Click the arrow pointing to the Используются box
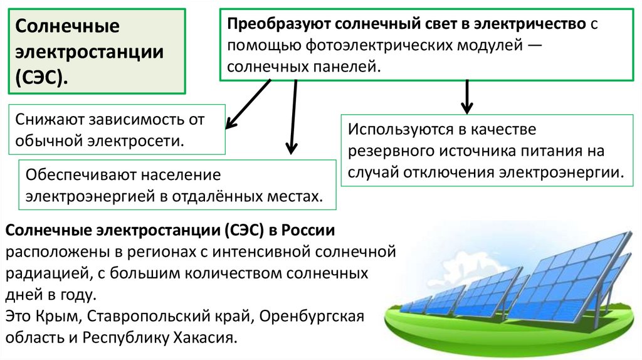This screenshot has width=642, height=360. point(466,97)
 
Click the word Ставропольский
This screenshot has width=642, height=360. point(152,315)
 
